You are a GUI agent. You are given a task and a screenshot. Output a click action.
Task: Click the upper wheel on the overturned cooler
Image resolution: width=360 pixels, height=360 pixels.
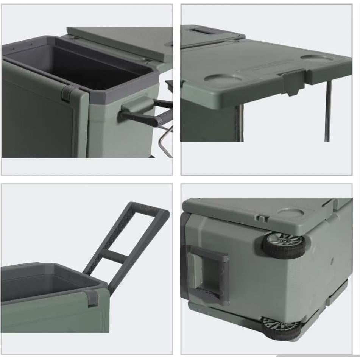284,245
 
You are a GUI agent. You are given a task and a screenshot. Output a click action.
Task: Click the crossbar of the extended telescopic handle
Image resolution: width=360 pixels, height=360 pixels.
114,259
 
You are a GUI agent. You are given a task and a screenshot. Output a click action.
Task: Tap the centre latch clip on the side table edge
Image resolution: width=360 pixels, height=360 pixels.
294,81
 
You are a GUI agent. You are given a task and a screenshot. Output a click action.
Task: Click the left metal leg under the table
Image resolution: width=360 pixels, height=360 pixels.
239,123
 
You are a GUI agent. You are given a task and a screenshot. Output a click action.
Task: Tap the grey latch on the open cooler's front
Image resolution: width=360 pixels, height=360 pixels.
69,93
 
